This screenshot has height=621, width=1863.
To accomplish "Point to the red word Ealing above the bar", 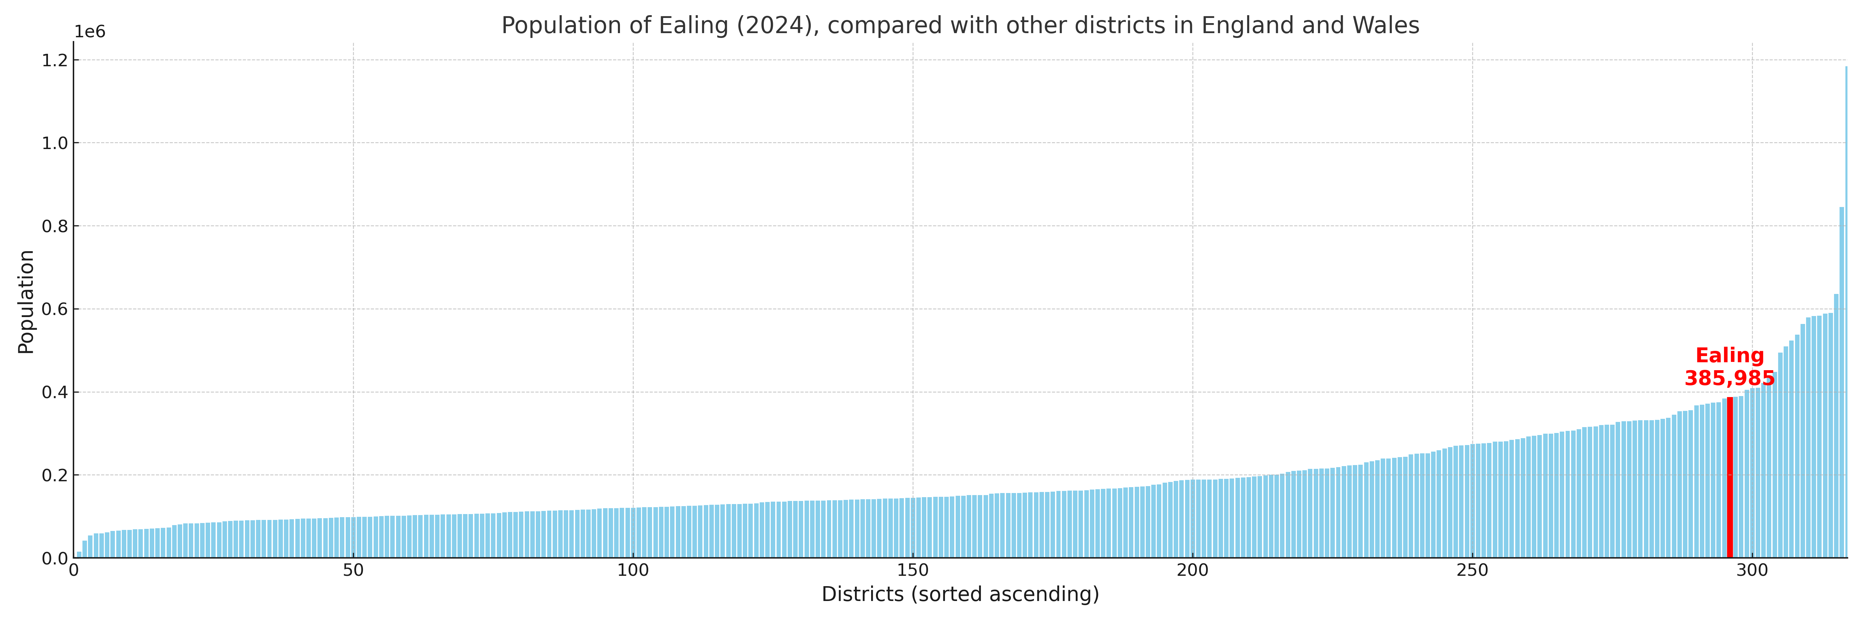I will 1729,356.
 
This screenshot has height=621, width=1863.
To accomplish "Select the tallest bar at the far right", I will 1846,311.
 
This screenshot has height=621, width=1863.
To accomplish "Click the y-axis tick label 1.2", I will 55,61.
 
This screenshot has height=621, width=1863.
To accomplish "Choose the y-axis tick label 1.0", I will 55,143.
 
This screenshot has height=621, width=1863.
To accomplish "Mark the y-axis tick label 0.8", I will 55,226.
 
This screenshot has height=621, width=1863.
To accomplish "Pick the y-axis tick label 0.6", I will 55,309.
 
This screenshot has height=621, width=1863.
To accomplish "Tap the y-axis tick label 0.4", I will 55,393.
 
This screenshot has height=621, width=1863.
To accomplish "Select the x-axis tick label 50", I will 353,570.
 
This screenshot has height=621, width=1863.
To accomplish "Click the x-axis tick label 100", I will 633,570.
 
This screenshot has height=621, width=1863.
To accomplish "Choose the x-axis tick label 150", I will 913,570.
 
